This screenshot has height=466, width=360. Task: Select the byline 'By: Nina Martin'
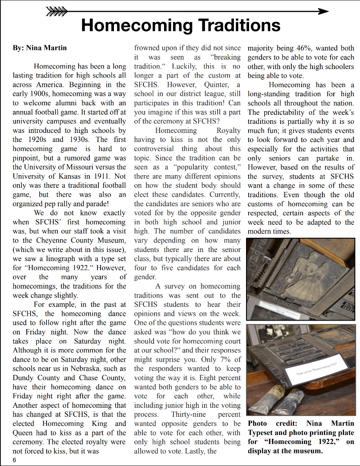click(40, 47)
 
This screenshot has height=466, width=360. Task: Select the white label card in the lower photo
click(316, 367)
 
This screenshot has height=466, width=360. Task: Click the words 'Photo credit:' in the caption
click(269, 423)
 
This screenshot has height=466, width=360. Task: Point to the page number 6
click(14, 460)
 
